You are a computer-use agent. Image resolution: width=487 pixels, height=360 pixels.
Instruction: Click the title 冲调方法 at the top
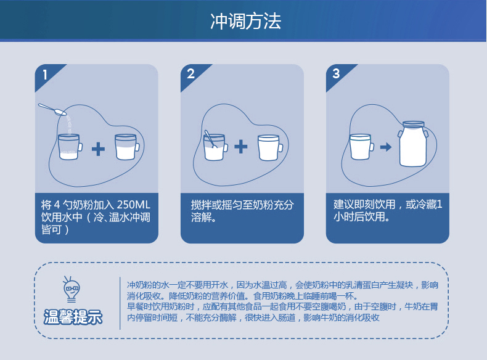pos(245,21)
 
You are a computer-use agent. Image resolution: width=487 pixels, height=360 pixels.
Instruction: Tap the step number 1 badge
pos(44,75)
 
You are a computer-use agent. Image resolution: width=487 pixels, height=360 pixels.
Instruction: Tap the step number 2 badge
pos(190,74)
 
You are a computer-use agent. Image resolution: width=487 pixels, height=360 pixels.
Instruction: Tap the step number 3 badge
pos(336,74)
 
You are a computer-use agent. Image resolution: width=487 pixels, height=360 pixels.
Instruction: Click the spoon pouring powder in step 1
pos(53,110)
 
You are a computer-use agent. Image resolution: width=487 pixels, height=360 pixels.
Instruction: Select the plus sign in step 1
pos(98,148)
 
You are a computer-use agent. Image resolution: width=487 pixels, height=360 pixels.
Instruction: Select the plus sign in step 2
pos(241,147)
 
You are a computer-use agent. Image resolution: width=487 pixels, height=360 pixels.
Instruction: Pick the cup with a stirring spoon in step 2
pos(215,147)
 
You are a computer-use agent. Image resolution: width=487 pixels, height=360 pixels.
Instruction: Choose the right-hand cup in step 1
pos(126,147)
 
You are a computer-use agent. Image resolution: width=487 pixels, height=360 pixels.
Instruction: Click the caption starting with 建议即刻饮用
pos(387,210)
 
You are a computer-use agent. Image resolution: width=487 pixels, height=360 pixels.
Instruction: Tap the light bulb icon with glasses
pos(72,289)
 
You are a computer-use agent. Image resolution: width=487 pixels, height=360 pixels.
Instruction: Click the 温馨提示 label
pos(73,318)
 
